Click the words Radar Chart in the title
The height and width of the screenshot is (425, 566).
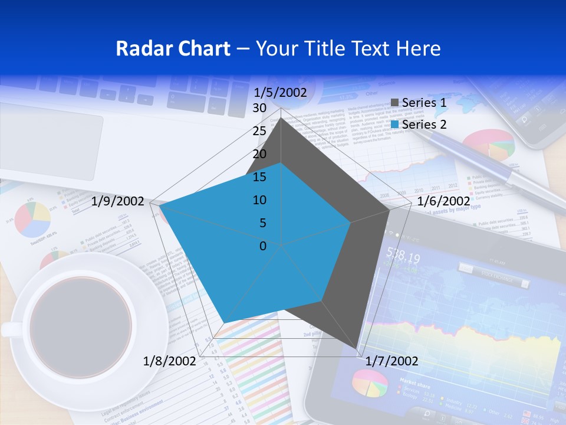click(173, 48)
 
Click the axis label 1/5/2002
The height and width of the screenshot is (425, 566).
click(280, 93)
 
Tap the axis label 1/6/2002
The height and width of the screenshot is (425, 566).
click(443, 201)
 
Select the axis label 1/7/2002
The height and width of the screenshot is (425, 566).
click(392, 361)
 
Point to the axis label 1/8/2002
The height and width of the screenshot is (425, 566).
click(169, 361)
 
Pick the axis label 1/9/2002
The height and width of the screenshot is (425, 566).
click(118, 201)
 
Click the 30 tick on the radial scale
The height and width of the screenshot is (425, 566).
click(259, 108)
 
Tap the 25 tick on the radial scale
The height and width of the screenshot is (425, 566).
click(259, 131)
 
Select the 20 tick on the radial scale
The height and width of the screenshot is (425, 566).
click(259, 154)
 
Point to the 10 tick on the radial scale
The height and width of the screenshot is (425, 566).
click(259, 200)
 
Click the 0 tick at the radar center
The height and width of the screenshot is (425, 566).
click(263, 246)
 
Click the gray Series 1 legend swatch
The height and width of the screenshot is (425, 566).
click(395, 103)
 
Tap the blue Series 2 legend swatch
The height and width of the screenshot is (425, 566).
click(395, 125)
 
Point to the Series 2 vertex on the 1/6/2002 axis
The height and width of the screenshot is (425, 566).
click(351, 223)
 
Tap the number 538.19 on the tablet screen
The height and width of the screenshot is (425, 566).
click(403, 258)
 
